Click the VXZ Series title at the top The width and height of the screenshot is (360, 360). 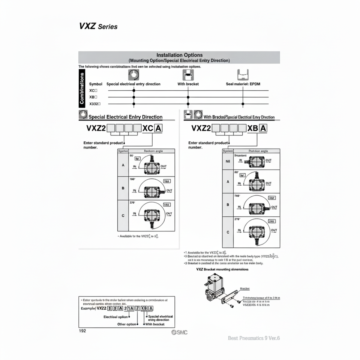(x=98, y=26)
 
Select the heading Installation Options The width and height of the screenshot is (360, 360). (x=179, y=55)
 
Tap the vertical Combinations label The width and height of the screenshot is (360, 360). (x=82, y=88)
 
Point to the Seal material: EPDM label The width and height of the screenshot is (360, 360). (x=243, y=84)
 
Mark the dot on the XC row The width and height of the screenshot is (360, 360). (x=134, y=90)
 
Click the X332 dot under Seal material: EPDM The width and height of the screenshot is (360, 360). (x=243, y=104)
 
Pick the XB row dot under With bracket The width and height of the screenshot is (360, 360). (x=188, y=97)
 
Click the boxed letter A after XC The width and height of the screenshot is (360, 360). (x=158, y=128)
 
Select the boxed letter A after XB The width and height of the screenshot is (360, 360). (x=263, y=128)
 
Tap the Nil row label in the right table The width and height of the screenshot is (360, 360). (x=228, y=162)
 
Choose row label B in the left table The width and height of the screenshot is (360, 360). (x=123, y=188)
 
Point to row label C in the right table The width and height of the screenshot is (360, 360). (x=228, y=232)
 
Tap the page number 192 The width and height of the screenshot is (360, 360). (x=82, y=331)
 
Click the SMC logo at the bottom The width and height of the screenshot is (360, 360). (x=179, y=332)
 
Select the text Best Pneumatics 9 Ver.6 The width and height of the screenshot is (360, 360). (x=254, y=338)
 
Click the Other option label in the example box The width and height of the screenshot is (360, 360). (x=127, y=324)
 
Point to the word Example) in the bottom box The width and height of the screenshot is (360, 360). (x=88, y=308)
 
